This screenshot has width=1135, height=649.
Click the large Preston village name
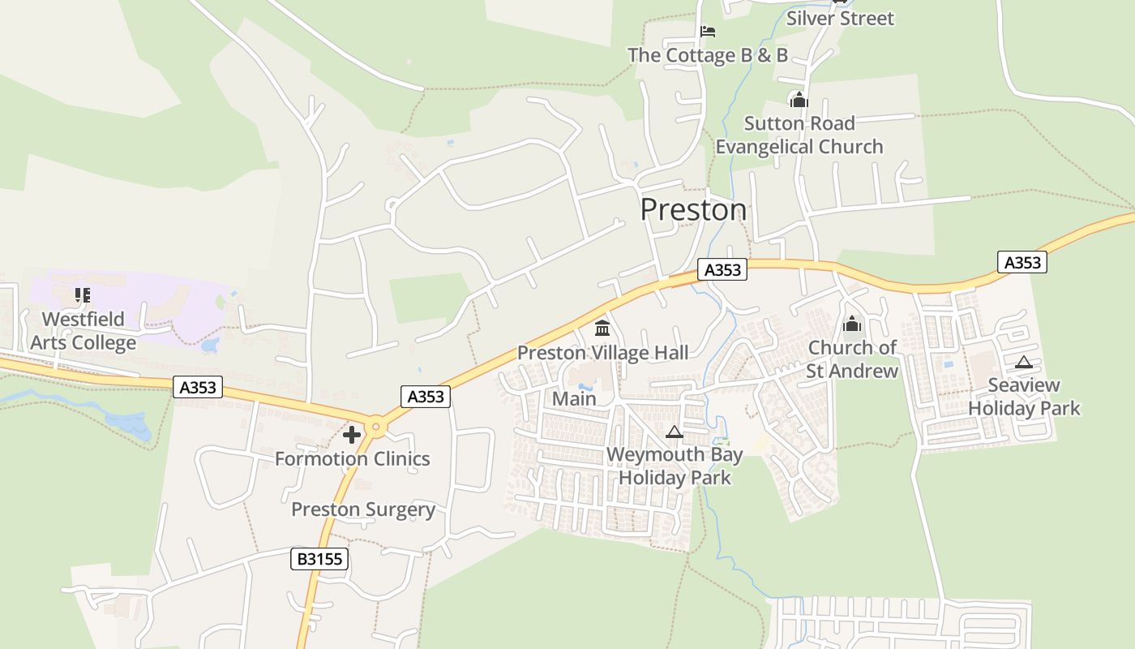[x=693, y=209]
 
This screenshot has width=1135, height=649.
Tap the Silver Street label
[x=840, y=18]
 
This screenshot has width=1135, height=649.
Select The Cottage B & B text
[x=707, y=55]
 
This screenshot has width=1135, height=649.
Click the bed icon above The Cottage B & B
[x=708, y=32]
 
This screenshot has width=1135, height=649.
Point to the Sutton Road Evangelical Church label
[x=799, y=135]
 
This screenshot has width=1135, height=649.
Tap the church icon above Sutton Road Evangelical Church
[x=799, y=100]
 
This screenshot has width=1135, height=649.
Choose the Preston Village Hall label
[x=602, y=353]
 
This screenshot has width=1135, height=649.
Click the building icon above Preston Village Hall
[x=602, y=328]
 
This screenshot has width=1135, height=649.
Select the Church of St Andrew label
[x=852, y=359]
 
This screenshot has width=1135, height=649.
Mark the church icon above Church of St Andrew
[x=852, y=324]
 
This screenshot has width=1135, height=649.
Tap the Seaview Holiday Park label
[x=1024, y=397]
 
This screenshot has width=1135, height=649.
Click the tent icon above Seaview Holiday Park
[x=1024, y=362]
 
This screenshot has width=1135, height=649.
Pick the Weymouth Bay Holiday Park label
[x=675, y=466]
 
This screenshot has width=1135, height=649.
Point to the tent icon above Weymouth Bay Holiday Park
[x=675, y=432]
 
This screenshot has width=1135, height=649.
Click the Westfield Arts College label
[x=83, y=331]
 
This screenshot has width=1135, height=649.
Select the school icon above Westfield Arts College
[x=82, y=295]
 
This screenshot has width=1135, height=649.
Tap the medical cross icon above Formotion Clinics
[x=352, y=435]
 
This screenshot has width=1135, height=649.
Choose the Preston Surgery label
[x=363, y=509]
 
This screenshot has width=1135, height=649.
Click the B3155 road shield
[x=319, y=558]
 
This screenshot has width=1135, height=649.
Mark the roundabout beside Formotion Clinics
[x=375, y=427]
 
